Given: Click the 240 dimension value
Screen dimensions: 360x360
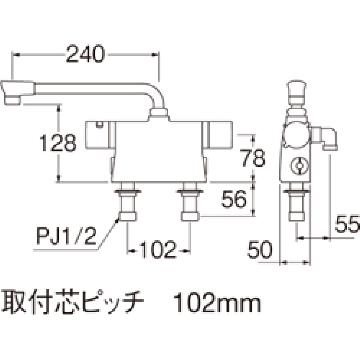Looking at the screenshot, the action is pyautogui.click(x=85, y=54).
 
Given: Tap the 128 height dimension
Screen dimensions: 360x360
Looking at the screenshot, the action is pyautogui.click(x=58, y=143).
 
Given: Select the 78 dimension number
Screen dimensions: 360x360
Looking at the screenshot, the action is pyautogui.click(x=253, y=158).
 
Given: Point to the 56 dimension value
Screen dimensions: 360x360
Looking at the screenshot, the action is pyautogui.click(x=234, y=199).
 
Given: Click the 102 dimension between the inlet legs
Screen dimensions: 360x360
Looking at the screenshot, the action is pyautogui.click(x=158, y=250).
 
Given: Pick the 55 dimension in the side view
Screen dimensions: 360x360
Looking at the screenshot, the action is pyautogui.click(x=347, y=224).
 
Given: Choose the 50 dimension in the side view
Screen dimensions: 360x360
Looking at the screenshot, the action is pyautogui.click(x=260, y=249).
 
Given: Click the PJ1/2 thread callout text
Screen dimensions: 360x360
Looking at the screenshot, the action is pyautogui.click(x=66, y=236).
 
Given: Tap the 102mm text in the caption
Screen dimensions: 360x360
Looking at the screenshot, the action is pyautogui.click(x=217, y=303).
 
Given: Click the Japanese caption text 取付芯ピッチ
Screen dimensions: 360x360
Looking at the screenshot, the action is pyautogui.click(x=73, y=302).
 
